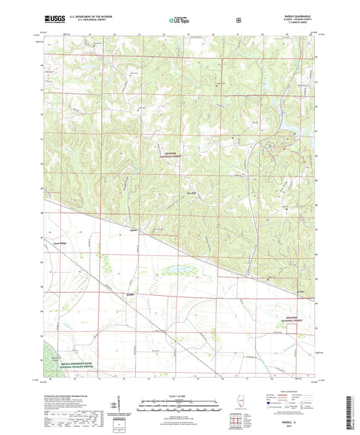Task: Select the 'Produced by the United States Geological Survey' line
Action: point(73,394)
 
